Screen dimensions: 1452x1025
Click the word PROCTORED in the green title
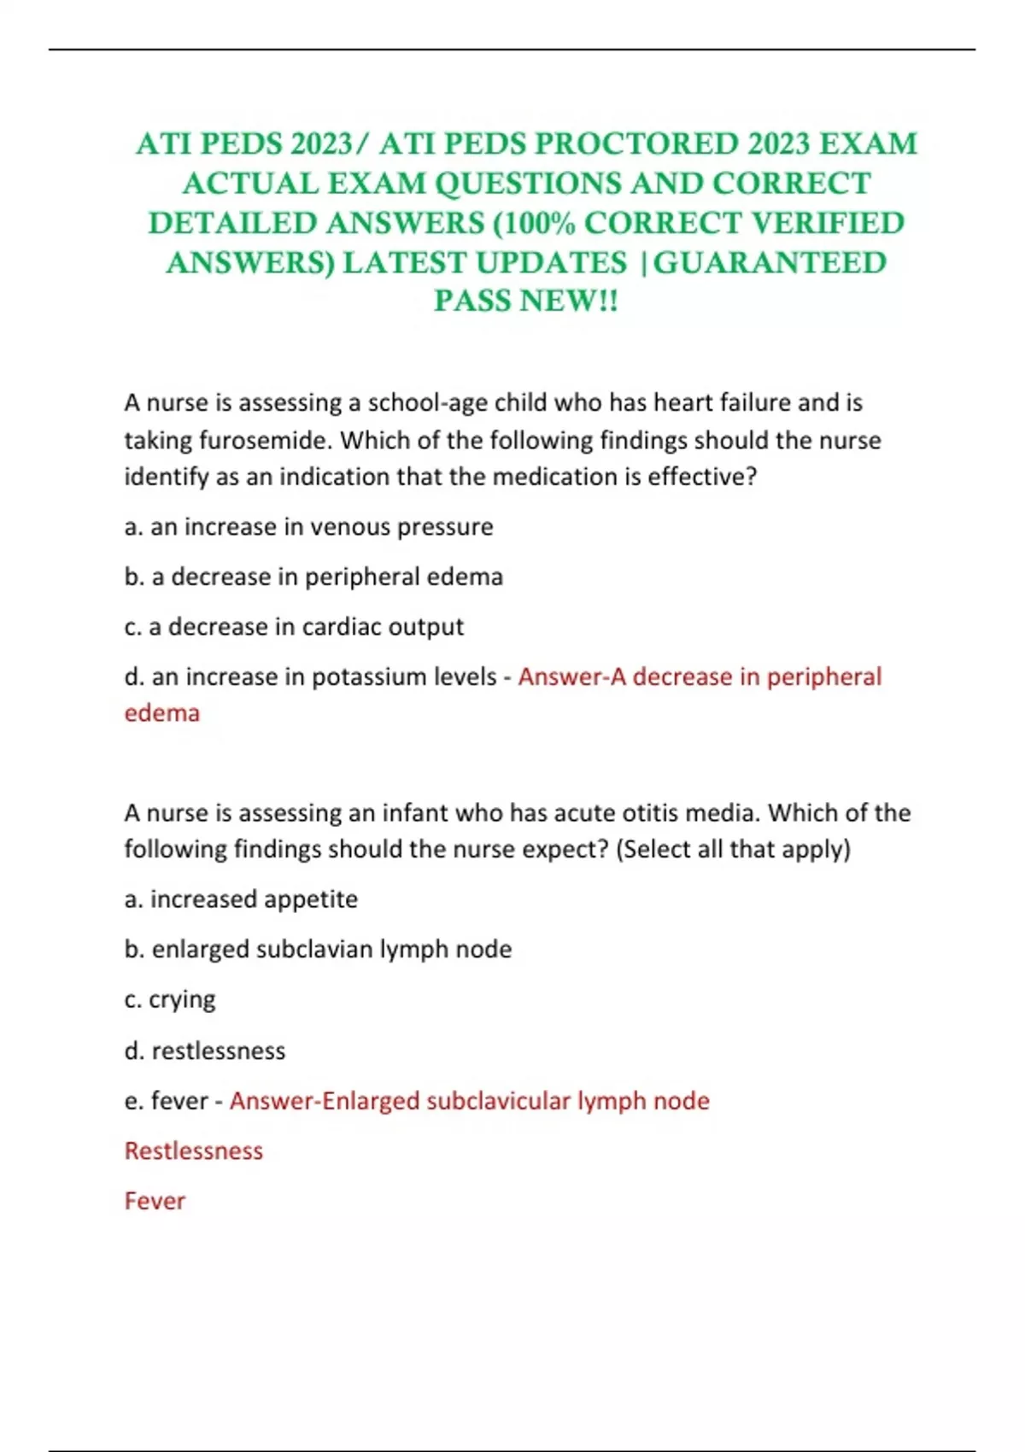tap(635, 143)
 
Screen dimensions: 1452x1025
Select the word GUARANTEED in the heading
tap(770, 262)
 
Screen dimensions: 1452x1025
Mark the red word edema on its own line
tap(161, 713)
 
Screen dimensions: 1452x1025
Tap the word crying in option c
tap(182, 1000)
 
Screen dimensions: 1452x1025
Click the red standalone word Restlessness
tap(194, 1150)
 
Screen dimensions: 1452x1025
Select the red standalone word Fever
tap(155, 1201)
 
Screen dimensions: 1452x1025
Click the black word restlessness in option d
tap(219, 1051)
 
